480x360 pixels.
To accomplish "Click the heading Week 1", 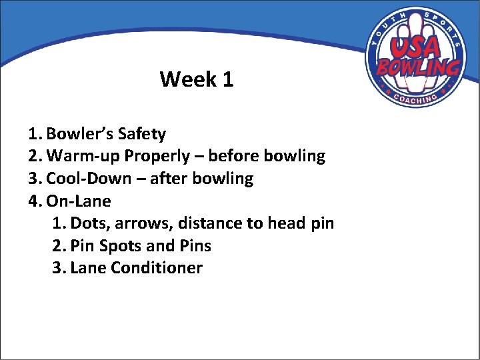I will [197, 80].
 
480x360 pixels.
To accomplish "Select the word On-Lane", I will [79, 201].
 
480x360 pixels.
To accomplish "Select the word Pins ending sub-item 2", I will [195, 246].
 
